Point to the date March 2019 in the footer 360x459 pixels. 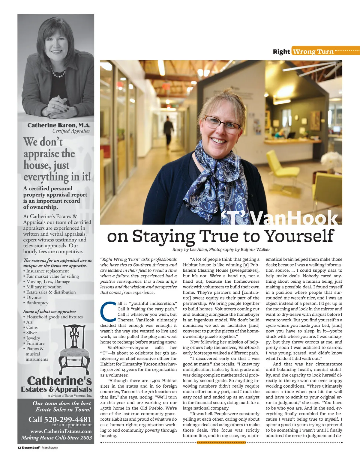pos(50,448)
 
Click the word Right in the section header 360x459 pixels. pos(281,52)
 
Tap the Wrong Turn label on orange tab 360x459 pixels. pos(313,52)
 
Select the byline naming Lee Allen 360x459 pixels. pos(221,249)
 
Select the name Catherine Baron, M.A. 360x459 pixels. pos(59,125)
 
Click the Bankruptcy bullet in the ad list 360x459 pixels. pos(37,303)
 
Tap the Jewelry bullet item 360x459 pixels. pos(33,338)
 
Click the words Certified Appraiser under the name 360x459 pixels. pos(71,131)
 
